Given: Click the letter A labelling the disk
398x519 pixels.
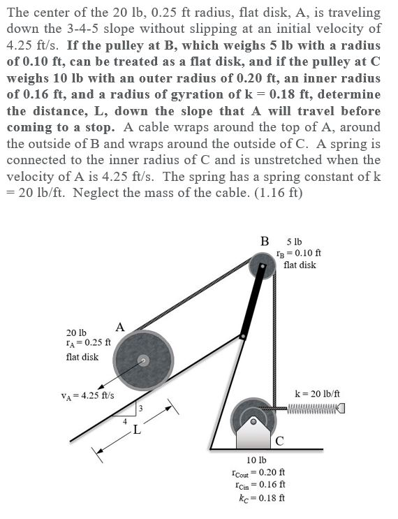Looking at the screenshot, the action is (x=120, y=327).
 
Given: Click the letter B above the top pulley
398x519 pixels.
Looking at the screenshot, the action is (x=265, y=242).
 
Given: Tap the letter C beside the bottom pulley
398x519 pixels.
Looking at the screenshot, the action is (x=279, y=439).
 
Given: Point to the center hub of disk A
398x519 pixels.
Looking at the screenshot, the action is (x=143, y=360).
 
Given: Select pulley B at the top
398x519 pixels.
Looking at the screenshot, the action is (x=262, y=265).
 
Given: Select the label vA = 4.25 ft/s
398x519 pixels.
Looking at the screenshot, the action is (x=88, y=395).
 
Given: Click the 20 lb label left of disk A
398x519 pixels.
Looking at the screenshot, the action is (x=76, y=332).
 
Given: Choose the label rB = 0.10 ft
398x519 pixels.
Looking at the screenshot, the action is (x=299, y=253).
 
